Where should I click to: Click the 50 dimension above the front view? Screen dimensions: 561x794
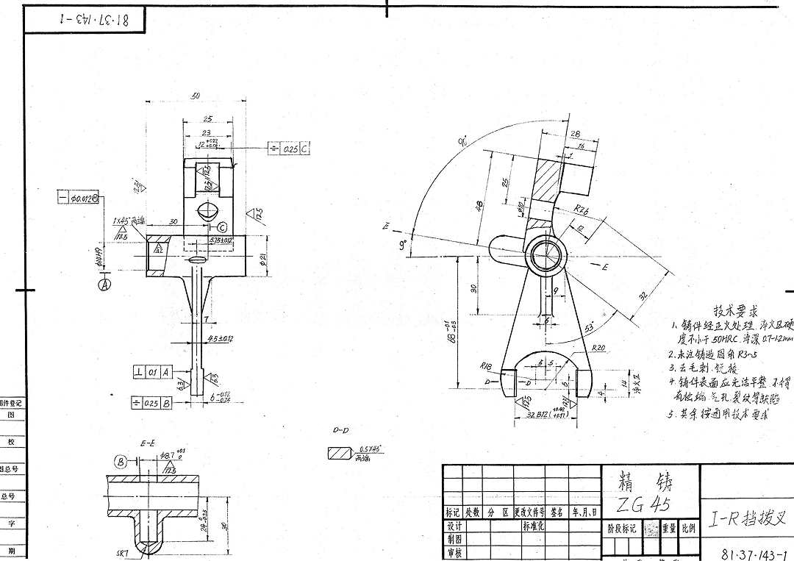[x=196, y=96]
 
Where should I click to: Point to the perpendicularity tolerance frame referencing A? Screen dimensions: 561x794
[x=147, y=373]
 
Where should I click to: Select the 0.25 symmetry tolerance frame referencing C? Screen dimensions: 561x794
[x=290, y=149]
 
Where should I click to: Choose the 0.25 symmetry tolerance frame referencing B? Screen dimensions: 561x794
[x=151, y=403]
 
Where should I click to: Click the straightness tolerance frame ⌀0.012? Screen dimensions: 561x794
[x=79, y=198]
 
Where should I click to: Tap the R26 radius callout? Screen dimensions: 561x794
[x=584, y=210]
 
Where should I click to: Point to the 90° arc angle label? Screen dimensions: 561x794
[x=462, y=143]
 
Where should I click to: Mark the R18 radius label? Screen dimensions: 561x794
[x=486, y=365]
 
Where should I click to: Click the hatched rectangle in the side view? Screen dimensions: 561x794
[x=548, y=178]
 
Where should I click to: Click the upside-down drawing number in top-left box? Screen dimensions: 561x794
[x=85, y=20]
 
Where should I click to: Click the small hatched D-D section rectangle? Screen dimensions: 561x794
[x=339, y=454]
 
